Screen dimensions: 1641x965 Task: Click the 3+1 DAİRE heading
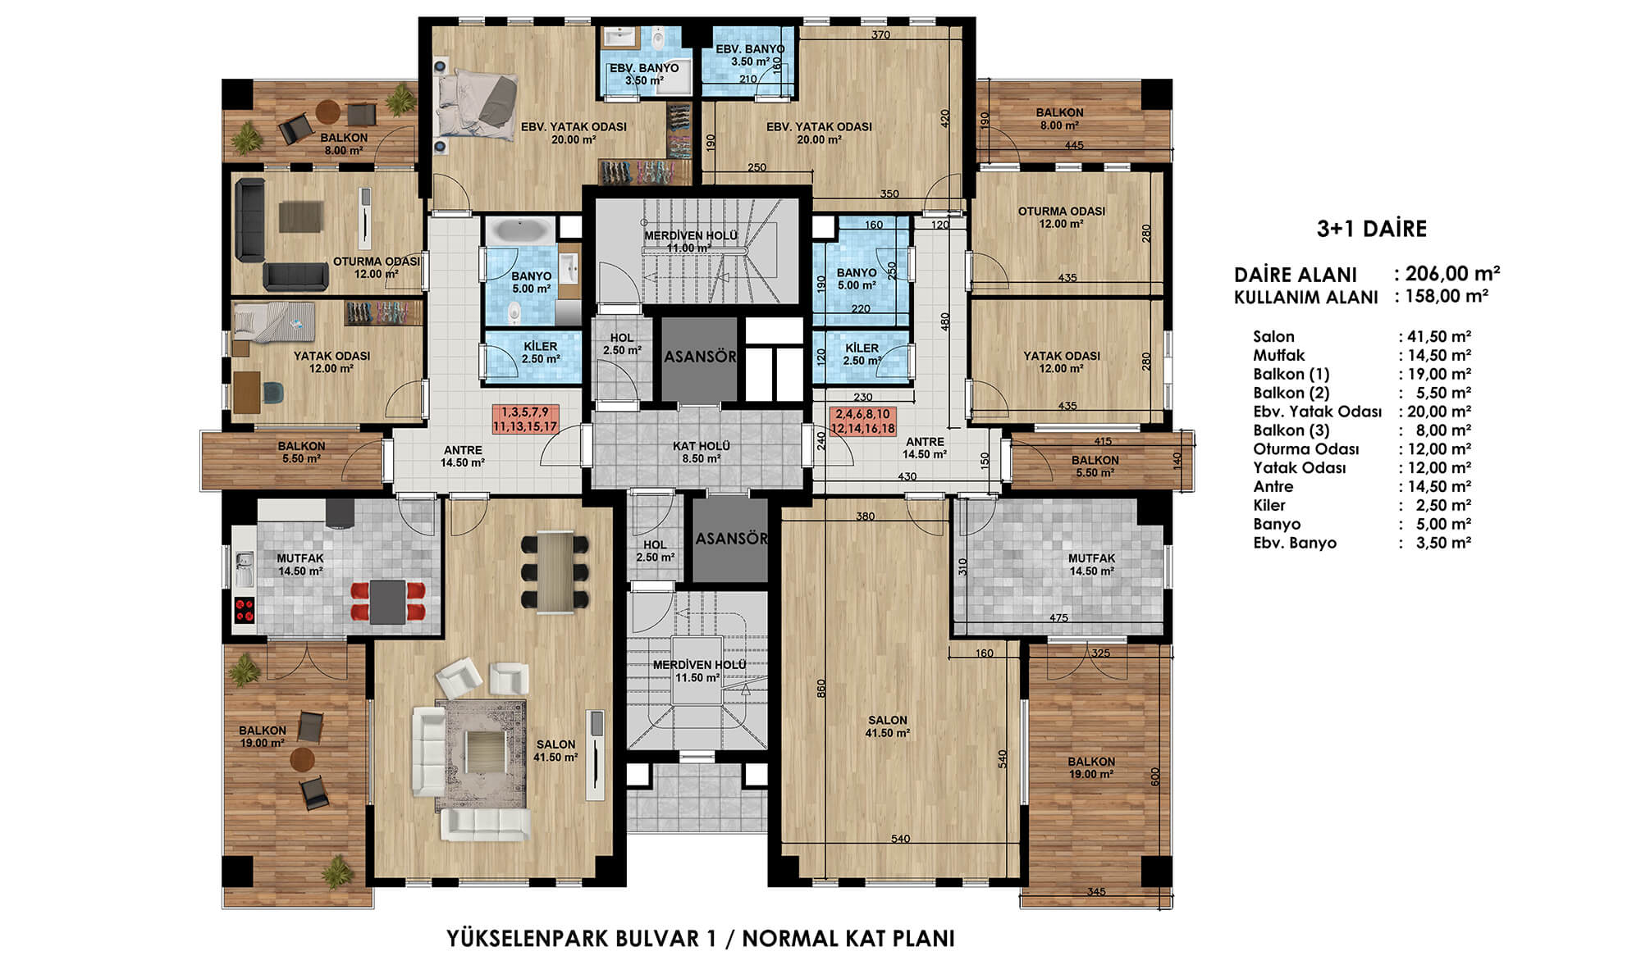click(x=1371, y=229)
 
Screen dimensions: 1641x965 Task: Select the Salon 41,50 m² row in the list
click(x=1362, y=336)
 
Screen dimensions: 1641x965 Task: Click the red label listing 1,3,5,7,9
click(x=525, y=419)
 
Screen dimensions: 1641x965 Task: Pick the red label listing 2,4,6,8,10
click(x=862, y=421)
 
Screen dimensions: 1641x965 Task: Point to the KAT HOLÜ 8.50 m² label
click(x=701, y=453)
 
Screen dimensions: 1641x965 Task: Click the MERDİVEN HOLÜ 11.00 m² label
click(x=691, y=242)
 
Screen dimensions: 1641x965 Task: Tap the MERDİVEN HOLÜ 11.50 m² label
click(x=699, y=671)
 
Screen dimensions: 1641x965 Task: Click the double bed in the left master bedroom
click(x=478, y=107)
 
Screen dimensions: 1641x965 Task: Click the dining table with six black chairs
click(x=555, y=572)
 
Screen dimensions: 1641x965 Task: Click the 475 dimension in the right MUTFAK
click(x=1058, y=618)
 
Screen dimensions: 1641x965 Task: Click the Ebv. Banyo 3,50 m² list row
click(x=1362, y=543)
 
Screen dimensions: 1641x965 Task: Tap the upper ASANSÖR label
click(x=700, y=357)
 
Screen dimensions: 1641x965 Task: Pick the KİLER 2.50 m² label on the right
click(x=862, y=354)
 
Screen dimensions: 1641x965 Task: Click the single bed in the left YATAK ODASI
click(x=273, y=321)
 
